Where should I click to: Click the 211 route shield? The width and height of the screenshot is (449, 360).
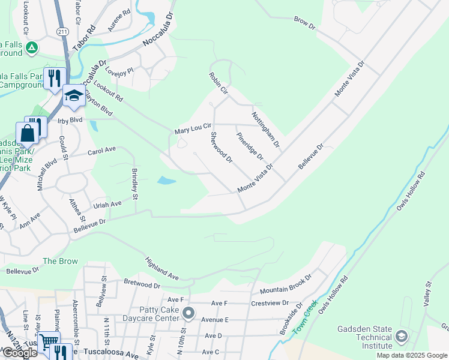point(63,31)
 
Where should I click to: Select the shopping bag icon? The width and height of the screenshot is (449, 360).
point(27,132)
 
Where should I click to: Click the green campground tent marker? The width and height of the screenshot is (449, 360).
point(32,47)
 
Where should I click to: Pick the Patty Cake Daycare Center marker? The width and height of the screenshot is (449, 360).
point(189,313)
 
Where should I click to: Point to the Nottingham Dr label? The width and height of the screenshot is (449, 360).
point(265,129)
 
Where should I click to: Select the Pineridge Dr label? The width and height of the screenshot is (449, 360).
point(250,146)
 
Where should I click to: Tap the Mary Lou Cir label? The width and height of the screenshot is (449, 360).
point(193,128)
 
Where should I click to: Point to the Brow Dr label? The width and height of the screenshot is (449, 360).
point(304,23)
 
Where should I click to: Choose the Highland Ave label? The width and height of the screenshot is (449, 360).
point(161,269)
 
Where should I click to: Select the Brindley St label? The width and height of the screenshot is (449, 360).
point(135,184)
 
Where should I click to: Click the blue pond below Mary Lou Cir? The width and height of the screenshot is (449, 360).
point(166,180)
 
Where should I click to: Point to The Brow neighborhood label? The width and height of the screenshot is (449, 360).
point(60,261)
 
